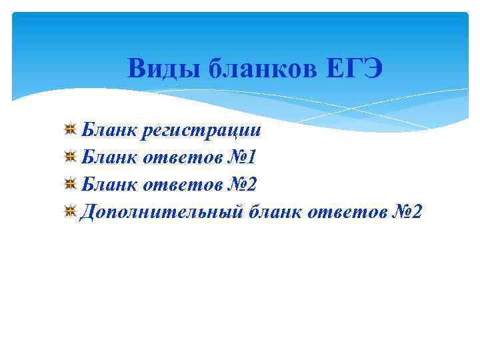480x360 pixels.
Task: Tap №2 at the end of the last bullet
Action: point(408,213)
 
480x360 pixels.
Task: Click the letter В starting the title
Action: point(136,68)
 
